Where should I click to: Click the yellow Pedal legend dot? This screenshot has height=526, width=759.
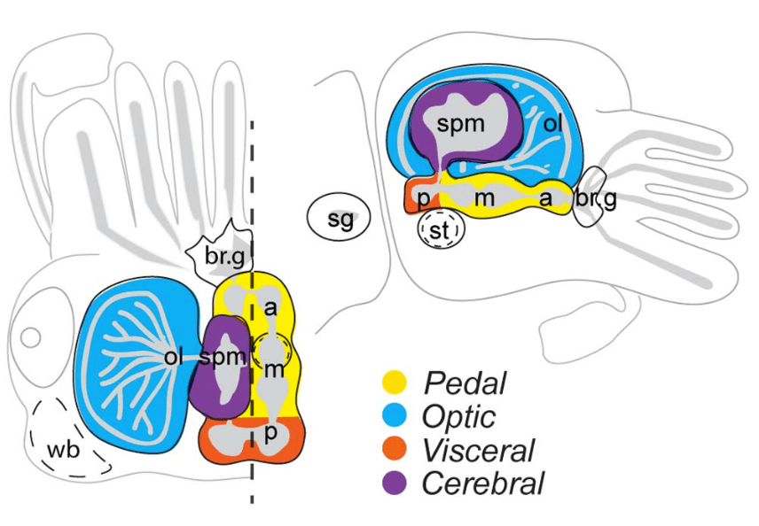(394, 383)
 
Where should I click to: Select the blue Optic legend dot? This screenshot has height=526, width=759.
(394, 416)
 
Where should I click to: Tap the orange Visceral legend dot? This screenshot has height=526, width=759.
(394, 450)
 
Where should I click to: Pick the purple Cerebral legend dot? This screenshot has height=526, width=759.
(394, 483)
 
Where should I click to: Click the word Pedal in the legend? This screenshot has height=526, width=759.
(465, 383)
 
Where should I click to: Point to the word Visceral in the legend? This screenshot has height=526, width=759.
(479, 451)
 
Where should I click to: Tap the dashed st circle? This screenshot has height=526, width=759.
(441, 230)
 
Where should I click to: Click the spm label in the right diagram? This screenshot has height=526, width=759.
(460, 123)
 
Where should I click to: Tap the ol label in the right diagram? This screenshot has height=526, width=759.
(553, 124)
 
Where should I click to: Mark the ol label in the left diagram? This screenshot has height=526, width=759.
(173, 358)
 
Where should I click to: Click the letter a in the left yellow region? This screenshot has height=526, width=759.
(270, 307)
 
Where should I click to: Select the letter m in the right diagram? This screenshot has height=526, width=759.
(483, 199)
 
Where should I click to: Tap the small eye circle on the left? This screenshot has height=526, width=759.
(31, 337)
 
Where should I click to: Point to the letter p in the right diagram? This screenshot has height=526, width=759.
(424, 198)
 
